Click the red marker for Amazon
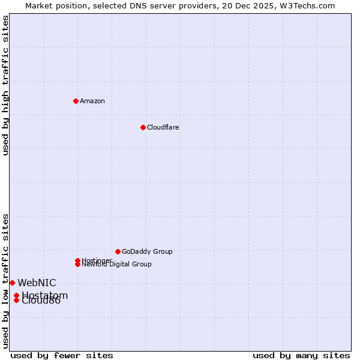[76, 101]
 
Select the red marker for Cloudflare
[143, 127]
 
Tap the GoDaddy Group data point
[118, 251]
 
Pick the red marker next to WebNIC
[12, 283]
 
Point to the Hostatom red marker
[16, 295]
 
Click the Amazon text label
[92, 101]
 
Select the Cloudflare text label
[163, 127]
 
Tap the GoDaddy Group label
[147, 251]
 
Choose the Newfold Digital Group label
[117, 264]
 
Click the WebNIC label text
[37, 283]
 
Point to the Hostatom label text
[45, 295]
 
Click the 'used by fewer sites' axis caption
[62, 355]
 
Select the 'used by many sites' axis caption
[301, 355]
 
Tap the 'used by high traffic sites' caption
[5, 85]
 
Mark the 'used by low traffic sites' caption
[5, 280]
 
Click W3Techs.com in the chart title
[307, 5]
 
